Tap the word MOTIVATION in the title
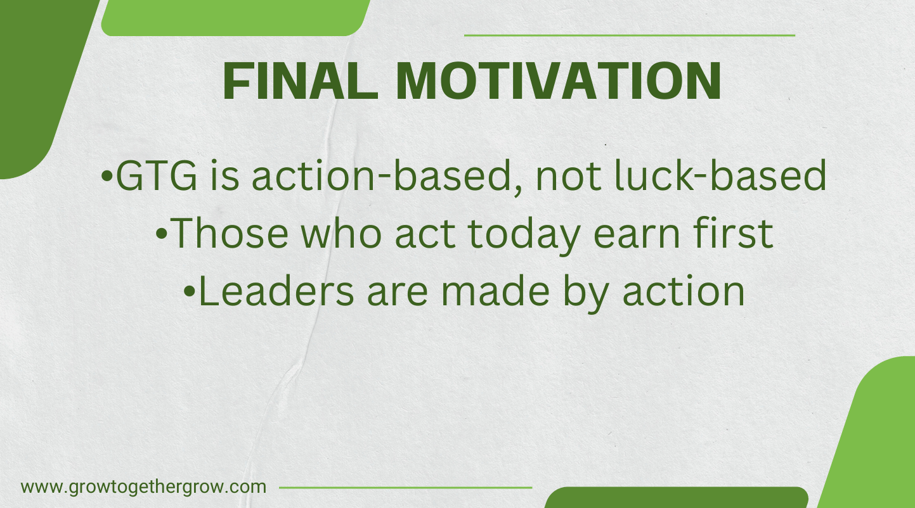559,82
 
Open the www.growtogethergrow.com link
143,488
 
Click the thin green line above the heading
629,35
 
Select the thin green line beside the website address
405,488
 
